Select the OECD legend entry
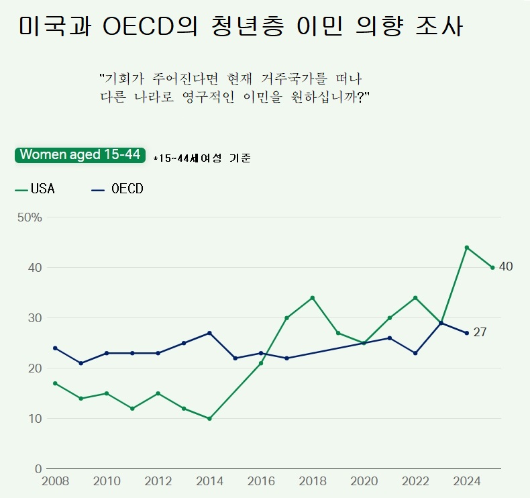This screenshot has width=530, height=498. [x=117, y=189]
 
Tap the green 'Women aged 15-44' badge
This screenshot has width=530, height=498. [x=80, y=155]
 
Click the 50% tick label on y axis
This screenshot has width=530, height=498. [x=30, y=217]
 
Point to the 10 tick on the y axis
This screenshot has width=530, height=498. [x=35, y=419]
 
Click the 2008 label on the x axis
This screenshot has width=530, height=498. [x=54, y=481]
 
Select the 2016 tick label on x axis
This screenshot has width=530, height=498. [x=261, y=481]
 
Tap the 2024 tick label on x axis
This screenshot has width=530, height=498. [x=467, y=481]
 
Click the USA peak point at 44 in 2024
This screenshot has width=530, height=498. [x=467, y=248]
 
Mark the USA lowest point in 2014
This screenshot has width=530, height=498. [x=209, y=419]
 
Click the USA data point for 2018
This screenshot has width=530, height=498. [x=313, y=298]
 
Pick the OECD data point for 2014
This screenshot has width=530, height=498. [x=209, y=333]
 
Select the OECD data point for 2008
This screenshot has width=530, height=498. [x=55, y=348]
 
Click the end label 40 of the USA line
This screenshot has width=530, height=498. [x=506, y=267]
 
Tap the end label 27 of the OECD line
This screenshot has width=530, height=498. [x=480, y=332]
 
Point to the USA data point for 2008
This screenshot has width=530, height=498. [x=55, y=383]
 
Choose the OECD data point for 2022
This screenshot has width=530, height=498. [x=415, y=353]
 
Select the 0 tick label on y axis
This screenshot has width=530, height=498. [x=38, y=469]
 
